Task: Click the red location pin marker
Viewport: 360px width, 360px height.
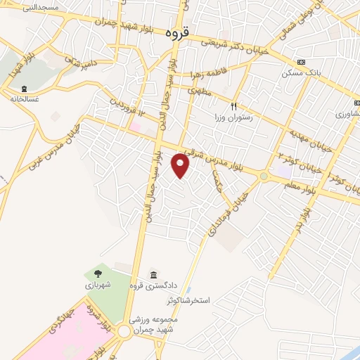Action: click(181, 165)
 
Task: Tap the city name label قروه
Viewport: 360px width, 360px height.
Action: click(179, 33)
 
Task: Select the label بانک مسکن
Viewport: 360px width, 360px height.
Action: click(302, 72)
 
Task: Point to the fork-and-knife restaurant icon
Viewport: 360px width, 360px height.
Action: click(236, 106)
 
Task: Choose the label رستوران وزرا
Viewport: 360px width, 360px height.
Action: click(236, 118)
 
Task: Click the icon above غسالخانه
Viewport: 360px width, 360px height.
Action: click(25, 89)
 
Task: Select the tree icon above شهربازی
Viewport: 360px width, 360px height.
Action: click(98, 273)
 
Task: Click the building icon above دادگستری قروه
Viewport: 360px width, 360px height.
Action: click(154, 274)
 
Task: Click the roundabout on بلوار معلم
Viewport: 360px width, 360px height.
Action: click(263, 176)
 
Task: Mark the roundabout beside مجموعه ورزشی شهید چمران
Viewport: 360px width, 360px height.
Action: click(125, 330)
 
